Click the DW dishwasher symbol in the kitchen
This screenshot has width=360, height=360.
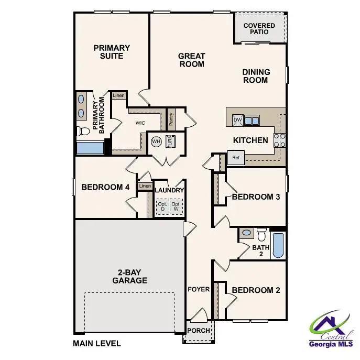click(x=237, y=120)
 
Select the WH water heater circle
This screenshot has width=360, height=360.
click(x=156, y=141)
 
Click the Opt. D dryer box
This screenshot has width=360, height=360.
click(x=162, y=206)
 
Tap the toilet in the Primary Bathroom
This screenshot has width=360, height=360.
click(x=82, y=131)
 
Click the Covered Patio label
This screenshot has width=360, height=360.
click(x=259, y=29)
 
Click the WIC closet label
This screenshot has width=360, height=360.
click(x=140, y=123)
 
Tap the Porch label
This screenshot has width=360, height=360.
click(x=199, y=331)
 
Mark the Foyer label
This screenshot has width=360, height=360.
click(x=199, y=289)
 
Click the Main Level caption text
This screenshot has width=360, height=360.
click(x=97, y=344)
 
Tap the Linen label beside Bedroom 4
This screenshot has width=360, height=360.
click(x=145, y=186)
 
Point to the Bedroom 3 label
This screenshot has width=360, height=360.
click(x=256, y=197)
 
